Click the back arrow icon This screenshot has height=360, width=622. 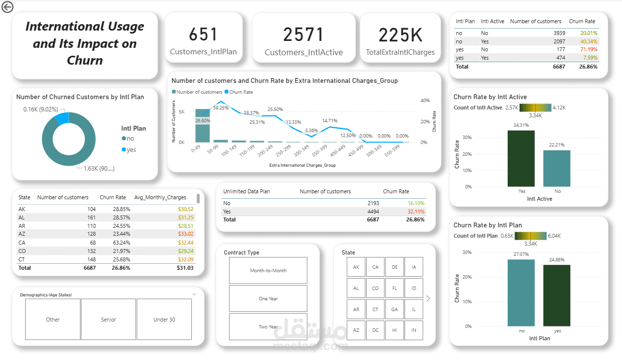pyautogui.click(x=7, y=7)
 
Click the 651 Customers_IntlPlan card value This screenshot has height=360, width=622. pyautogui.click(x=203, y=35)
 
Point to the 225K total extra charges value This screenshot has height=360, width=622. pyautogui.click(x=400, y=35)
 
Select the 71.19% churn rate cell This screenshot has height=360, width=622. pyautogui.click(x=588, y=49)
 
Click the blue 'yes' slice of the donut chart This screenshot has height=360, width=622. pyautogui.click(x=62, y=118)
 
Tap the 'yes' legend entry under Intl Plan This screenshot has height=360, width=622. pyautogui.click(x=131, y=149)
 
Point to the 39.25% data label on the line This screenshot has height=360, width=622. pyautogui.click(x=221, y=108)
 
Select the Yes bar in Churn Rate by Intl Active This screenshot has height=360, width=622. pyautogui.click(x=521, y=158)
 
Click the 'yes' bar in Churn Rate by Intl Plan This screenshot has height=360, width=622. pyautogui.click(x=557, y=295)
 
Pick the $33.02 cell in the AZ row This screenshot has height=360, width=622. pyautogui.click(x=185, y=234)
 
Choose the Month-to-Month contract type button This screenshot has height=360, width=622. pyautogui.click(x=268, y=270)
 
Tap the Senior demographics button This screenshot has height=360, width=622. pyautogui.click(x=108, y=320)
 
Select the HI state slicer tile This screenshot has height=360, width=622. pyautogui.click(x=394, y=330)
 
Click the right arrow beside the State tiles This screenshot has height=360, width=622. pyautogui.click(x=428, y=298)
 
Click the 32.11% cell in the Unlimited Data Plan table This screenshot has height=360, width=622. pyautogui.click(x=415, y=211)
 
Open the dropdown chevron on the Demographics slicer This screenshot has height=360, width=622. pyautogui.click(x=194, y=294)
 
